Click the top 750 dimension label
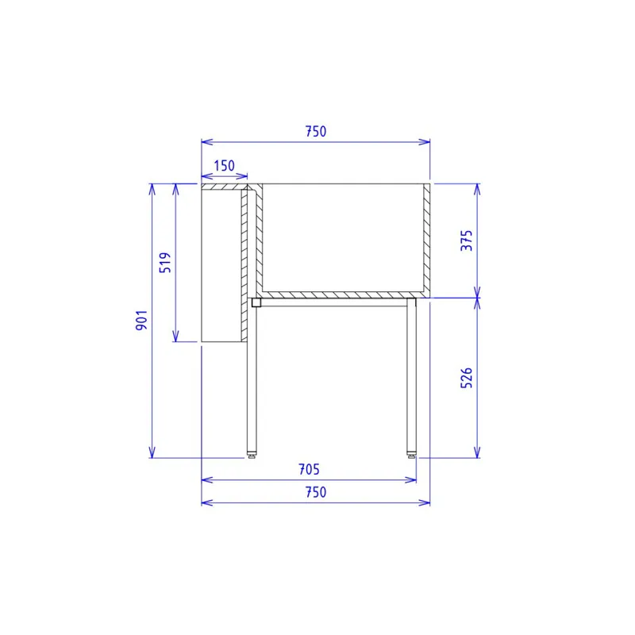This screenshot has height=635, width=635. (x=315, y=131)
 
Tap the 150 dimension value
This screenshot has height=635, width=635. (x=224, y=166)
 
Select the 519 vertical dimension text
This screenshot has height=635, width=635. (x=165, y=263)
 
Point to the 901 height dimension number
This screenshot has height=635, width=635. (x=142, y=320)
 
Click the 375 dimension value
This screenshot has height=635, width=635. (x=467, y=241)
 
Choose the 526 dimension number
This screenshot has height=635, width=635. (x=467, y=378)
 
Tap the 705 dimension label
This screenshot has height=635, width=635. (x=309, y=469)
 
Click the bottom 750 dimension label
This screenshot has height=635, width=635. (x=315, y=492)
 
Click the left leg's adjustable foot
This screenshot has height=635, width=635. (x=252, y=456)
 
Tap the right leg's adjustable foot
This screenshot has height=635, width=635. (x=411, y=456)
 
